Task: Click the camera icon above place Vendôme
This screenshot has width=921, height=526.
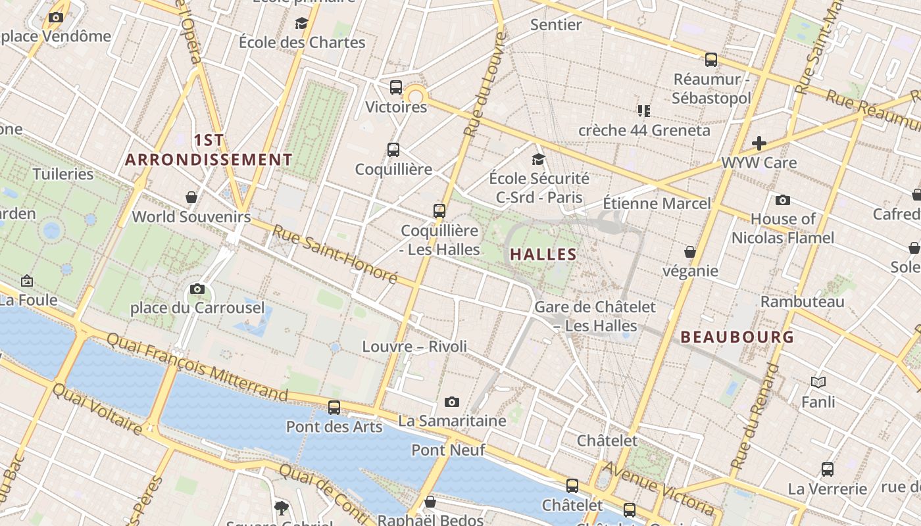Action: point(56,18)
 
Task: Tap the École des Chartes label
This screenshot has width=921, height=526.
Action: point(302,42)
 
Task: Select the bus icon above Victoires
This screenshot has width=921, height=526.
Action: point(396,87)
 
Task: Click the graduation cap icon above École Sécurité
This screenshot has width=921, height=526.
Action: point(539,159)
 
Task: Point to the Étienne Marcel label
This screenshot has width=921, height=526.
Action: point(657,203)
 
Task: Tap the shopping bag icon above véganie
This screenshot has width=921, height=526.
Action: point(690,252)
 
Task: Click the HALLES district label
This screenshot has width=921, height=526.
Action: point(543,254)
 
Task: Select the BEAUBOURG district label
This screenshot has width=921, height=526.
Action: point(737,337)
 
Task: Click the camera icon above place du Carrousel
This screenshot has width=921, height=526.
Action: point(197,289)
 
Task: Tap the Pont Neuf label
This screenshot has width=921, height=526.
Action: point(448,450)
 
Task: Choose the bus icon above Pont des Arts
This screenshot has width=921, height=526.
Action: point(334,408)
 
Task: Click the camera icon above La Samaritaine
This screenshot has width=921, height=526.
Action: point(452,402)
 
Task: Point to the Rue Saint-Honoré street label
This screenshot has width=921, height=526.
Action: point(336,254)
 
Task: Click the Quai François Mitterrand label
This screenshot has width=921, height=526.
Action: point(197,366)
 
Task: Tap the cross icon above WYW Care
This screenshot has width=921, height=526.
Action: point(759,143)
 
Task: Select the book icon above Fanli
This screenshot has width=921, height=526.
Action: point(818,382)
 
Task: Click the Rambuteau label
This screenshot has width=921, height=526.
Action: point(802,302)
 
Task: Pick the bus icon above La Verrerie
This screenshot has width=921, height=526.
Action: point(828,469)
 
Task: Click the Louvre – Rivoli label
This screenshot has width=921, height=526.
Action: point(414,347)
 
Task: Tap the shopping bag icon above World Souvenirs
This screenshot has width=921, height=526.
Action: point(191,197)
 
